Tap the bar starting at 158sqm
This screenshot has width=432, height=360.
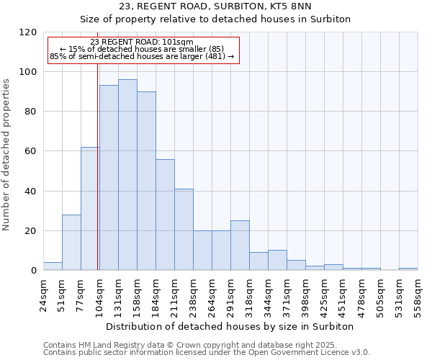[146, 181]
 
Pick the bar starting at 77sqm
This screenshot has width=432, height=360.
[90, 209]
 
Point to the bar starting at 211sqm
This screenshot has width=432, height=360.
[184, 230]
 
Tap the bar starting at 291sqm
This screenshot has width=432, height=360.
[240, 246]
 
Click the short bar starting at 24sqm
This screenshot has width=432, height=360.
[53, 266]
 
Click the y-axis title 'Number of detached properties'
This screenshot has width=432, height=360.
[7, 156]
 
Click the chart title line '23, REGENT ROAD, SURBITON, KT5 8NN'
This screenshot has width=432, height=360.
[215, 6]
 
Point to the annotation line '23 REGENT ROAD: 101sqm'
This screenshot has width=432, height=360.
[142, 42]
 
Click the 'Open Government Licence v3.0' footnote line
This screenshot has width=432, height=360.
[207, 353]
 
